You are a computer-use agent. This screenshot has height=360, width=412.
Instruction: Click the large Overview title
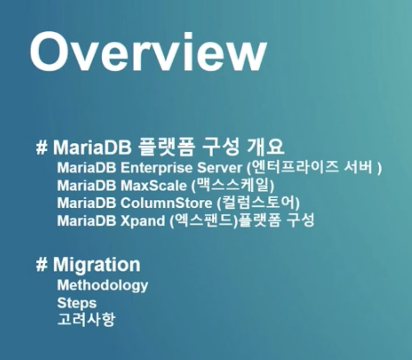point(149,52)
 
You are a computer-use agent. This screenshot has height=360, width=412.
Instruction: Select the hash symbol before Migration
point(42,265)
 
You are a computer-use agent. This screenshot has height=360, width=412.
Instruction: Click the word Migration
point(97,264)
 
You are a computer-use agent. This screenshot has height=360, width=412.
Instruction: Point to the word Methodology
point(103,285)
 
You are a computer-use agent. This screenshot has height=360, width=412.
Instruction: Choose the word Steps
point(77,303)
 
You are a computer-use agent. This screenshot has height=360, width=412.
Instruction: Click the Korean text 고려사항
point(86,319)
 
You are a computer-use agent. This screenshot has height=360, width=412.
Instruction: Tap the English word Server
point(220,167)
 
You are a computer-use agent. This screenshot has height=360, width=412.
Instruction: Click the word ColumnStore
point(166,203)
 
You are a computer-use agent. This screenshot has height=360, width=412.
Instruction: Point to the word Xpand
point(143,221)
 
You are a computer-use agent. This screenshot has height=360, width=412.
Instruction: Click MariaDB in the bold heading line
point(92,147)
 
